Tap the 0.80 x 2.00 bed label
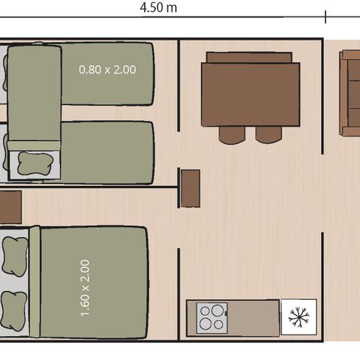point(107,70)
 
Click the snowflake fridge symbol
point(298,317)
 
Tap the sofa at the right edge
point(351,94)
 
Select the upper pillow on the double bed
point(14,253)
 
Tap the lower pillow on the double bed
point(14,307)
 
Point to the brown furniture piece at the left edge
point(10,207)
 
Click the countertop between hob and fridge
point(255,317)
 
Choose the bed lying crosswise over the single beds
point(34,97)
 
